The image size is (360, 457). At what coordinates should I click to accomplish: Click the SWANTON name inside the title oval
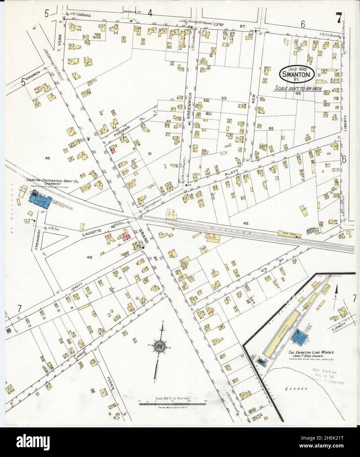tap(297, 74)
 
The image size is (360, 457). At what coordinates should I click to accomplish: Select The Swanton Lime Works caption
tap(311, 352)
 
